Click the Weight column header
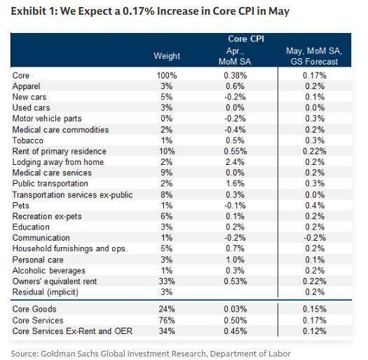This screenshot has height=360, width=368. [167, 56]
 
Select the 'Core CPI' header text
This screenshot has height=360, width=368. [246, 39]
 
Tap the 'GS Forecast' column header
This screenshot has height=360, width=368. [314, 56]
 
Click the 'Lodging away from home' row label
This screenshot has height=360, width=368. [58, 162]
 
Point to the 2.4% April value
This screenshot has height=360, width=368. [235, 162]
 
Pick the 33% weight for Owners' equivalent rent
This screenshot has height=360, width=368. [167, 281]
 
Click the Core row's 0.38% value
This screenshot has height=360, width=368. [235, 75]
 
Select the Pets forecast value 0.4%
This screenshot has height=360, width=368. [315, 206]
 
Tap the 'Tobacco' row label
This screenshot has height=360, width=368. [28, 140]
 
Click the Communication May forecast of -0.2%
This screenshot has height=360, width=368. [315, 238]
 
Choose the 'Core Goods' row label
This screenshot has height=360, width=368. [34, 309]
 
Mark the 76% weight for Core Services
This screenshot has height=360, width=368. [167, 320]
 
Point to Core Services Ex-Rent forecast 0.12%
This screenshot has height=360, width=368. [315, 331]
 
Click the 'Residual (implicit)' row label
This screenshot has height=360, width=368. [46, 292]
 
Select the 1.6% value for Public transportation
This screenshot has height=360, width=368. [235, 184]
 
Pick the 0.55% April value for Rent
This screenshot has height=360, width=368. [235, 152]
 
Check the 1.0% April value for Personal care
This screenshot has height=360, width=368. [235, 260]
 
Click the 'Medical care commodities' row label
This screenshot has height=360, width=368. [60, 130]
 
